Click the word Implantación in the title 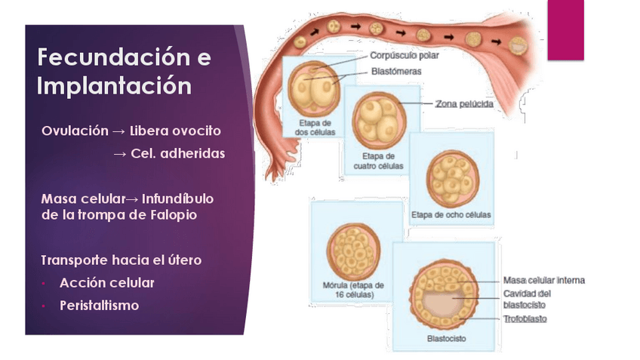tap(114, 85)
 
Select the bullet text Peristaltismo tap(99, 306)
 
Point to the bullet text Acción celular tap(106, 283)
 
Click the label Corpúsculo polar tap(404, 55)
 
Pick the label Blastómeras tap(396, 72)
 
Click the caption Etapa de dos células tap(315, 128)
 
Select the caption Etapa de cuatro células tap(379, 161)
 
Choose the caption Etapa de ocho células tap(451, 215)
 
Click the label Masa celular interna tap(543, 281)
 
